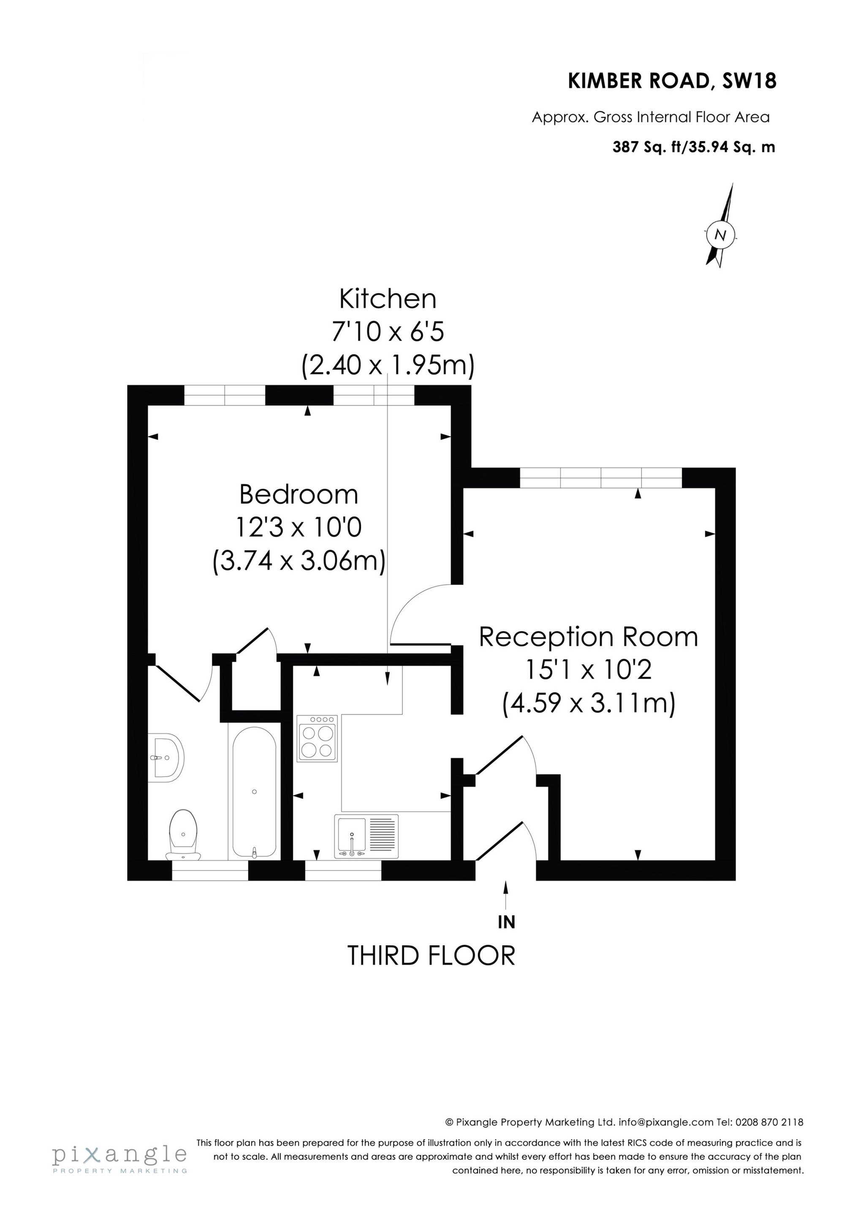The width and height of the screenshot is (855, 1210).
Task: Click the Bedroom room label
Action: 298,495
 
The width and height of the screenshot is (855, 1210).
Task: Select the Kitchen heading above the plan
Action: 388,300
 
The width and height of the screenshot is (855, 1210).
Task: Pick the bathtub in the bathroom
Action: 254,792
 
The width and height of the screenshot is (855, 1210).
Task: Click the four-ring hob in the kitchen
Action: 317,739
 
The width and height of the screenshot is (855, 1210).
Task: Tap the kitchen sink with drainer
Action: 366,837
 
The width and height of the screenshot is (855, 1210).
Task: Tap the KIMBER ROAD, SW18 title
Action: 672,81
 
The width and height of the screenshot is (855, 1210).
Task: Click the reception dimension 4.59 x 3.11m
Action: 589,703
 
